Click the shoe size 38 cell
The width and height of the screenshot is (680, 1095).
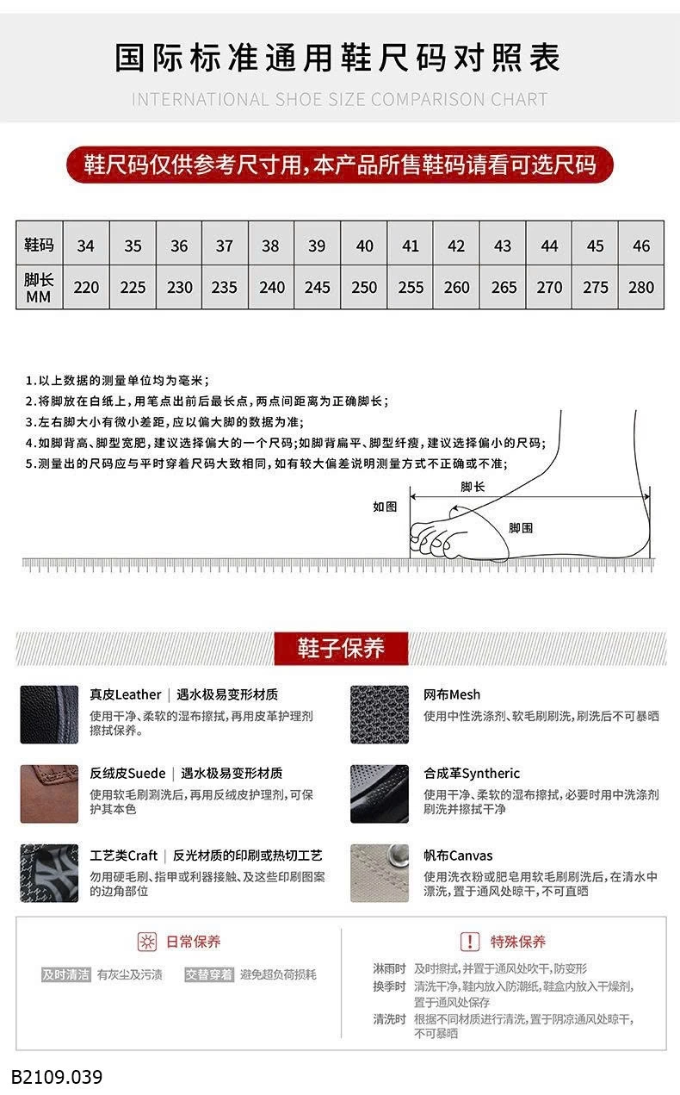tap(270, 246)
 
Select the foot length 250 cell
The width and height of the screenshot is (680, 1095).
tap(364, 287)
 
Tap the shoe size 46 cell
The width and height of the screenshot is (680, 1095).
tap(641, 246)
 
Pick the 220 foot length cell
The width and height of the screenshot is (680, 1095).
tap(86, 287)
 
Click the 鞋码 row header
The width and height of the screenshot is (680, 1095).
tap(39, 246)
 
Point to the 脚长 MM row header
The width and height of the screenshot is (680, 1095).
tap(39, 287)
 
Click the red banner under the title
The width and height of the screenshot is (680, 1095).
tap(340, 165)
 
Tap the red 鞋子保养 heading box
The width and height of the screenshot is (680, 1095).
tap(341, 648)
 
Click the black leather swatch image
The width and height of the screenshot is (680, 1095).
tap(49, 714)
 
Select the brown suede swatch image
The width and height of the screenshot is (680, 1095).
tap(49, 793)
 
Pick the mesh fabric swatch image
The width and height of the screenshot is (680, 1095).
tap(380, 714)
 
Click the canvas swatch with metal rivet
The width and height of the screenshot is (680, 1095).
tap(380, 873)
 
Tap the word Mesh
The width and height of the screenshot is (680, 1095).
tap(465, 694)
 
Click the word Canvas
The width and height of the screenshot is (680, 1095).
tap(471, 855)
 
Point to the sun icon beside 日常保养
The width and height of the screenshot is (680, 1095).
tap(148, 942)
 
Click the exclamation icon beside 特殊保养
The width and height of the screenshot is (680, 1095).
tap(470, 942)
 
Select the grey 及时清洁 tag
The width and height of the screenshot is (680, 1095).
tap(66, 974)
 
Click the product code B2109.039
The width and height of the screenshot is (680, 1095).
tap(57, 1077)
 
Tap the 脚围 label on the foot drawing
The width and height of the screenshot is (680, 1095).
tap(521, 528)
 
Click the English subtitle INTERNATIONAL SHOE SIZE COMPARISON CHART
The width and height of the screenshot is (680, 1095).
tap(339, 99)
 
